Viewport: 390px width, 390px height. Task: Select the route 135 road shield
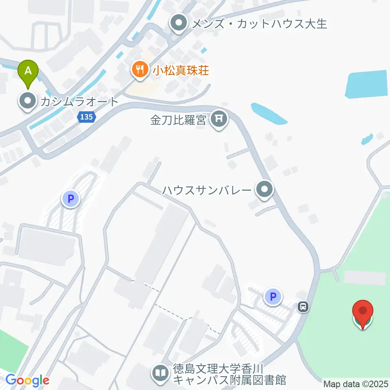(x=86, y=117)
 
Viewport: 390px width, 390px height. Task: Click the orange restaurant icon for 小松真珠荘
(x=140, y=70)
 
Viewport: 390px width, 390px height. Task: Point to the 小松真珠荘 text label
(x=181, y=71)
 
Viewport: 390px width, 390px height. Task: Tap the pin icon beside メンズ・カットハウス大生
(x=178, y=24)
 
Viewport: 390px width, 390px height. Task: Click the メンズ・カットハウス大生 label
(x=258, y=24)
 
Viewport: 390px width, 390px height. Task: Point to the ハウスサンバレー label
(x=206, y=190)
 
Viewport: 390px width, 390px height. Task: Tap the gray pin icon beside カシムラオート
(x=28, y=102)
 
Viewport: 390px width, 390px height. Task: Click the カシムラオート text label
(x=79, y=102)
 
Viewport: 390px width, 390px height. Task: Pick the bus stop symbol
(x=303, y=307)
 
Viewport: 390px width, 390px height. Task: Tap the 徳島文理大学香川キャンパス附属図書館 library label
(x=230, y=375)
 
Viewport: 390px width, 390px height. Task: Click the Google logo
(x=28, y=380)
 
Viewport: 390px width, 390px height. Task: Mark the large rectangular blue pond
(x=366, y=84)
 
